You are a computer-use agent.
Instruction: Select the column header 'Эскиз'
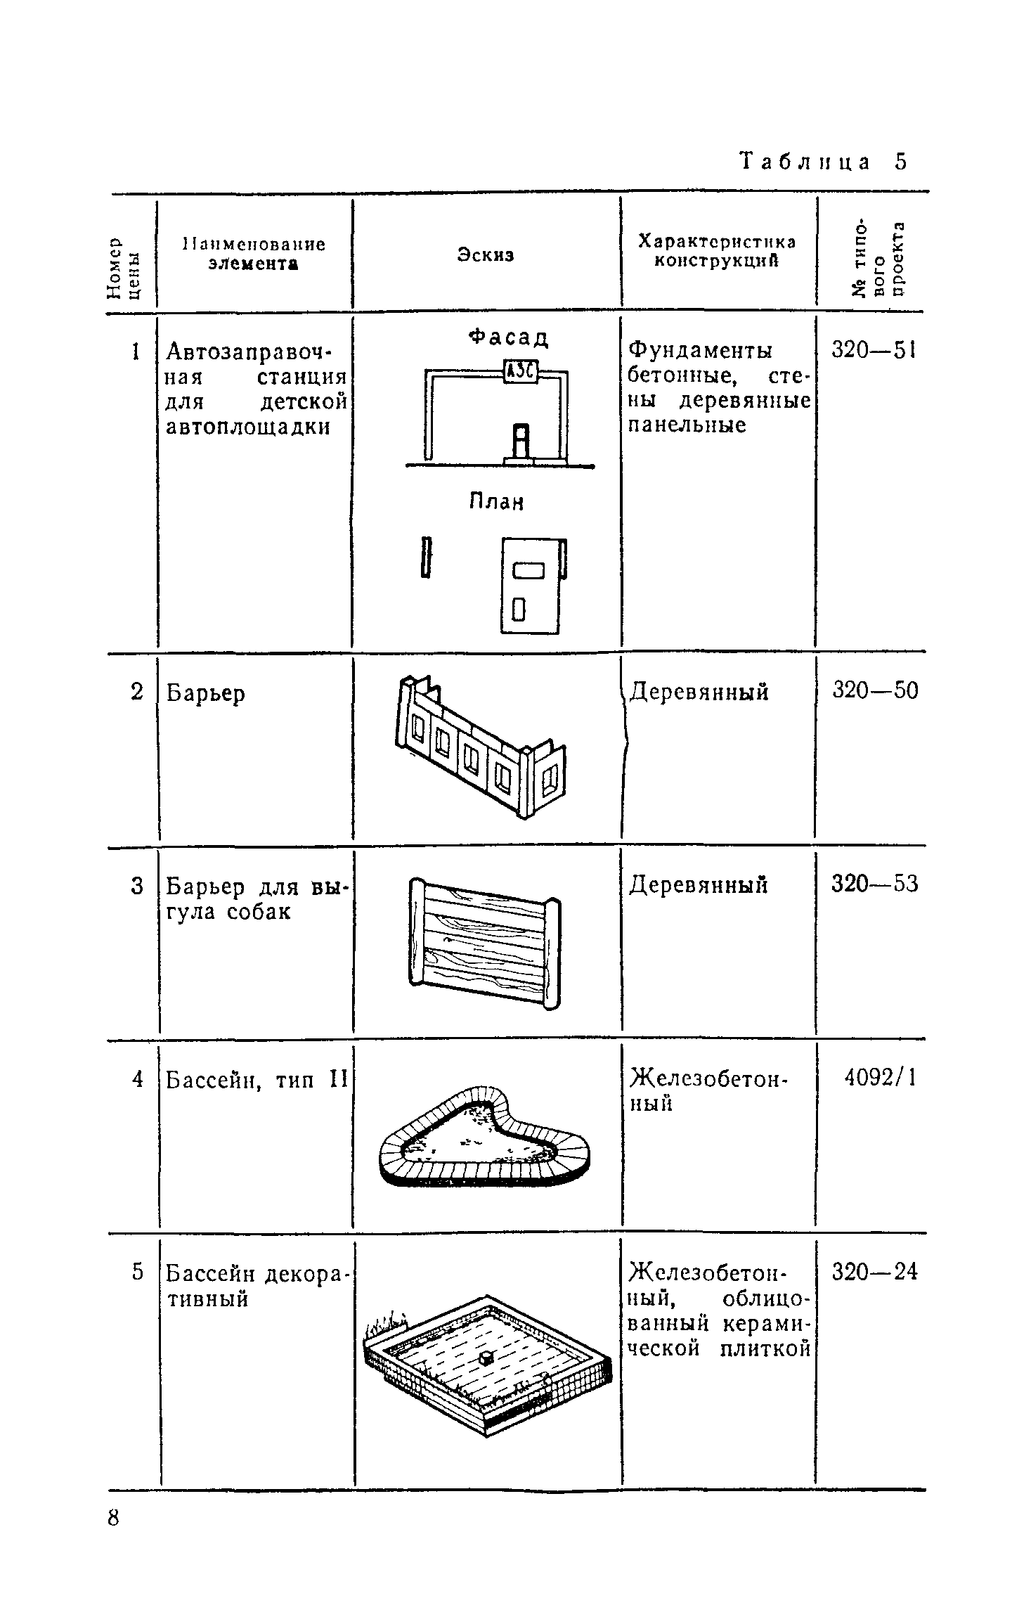[x=486, y=255]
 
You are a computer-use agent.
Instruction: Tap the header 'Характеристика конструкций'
[x=717, y=251]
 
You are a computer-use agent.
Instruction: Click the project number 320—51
[x=874, y=349]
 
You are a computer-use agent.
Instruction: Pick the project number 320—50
[x=875, y=690]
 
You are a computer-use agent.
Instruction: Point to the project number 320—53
[x=875, y=884]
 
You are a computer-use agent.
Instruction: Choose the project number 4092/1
[x=881, y=1078]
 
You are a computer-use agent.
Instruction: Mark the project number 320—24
[x=875, y=1272]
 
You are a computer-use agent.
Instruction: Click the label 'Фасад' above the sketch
[x=509, y=338]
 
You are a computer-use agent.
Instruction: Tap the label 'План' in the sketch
[x=497, y=502]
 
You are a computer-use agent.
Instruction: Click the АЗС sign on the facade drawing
[x=521, y=371]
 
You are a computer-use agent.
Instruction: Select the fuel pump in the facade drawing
[x=519, y=442]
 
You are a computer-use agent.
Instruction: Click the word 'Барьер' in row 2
[x=206, y=694]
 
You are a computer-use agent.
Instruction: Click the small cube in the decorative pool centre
[x=484, y=1358]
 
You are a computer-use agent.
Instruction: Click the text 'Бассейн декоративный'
[x=257, y=1286]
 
